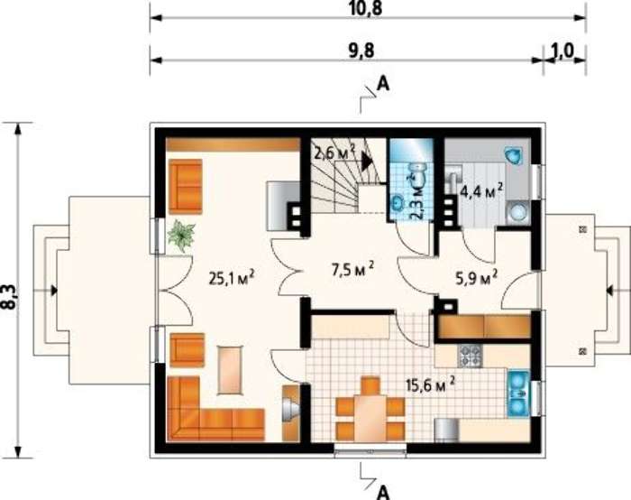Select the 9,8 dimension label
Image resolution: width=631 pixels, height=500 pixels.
click(360, 51)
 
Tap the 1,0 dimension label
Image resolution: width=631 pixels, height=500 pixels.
click(563, 51)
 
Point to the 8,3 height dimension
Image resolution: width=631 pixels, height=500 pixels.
click(9, 297)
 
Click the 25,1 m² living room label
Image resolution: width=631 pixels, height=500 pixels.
click(232, 278)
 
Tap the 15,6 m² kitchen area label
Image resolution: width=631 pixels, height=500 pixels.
click(431, 384)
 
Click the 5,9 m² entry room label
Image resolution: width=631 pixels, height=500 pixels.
click(477, 278)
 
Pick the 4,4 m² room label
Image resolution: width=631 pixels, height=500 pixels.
click(481, 190)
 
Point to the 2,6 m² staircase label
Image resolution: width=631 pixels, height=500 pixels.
click(334, 153)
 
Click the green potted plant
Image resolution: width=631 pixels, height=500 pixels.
click(181, 236)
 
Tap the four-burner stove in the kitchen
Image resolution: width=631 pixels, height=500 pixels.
click(470, 356)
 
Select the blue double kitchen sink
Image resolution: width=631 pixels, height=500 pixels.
click(518, 394)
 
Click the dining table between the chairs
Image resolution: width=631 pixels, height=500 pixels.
click(370, 418)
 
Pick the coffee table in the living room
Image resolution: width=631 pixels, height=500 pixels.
click(231, 370)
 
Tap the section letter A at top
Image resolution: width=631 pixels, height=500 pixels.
click(383, 85)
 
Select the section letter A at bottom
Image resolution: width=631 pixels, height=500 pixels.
click(383, 492)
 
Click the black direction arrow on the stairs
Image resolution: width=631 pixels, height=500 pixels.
click(367, 162)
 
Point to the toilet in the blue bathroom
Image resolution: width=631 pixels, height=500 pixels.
click(418, 172)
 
